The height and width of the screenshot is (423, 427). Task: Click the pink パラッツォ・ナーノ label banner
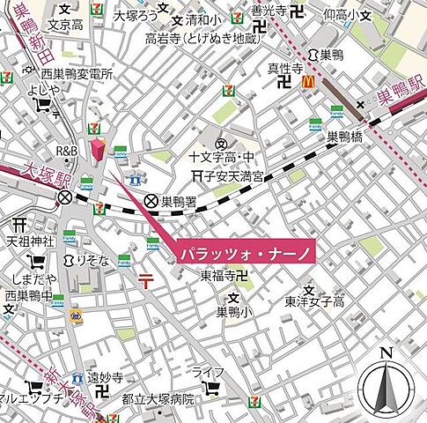pos(241,252)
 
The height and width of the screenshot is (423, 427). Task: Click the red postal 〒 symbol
pos(145,280)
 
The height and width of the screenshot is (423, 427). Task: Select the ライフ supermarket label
pos(209,370)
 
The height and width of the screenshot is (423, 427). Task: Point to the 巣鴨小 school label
pos(233,311)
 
